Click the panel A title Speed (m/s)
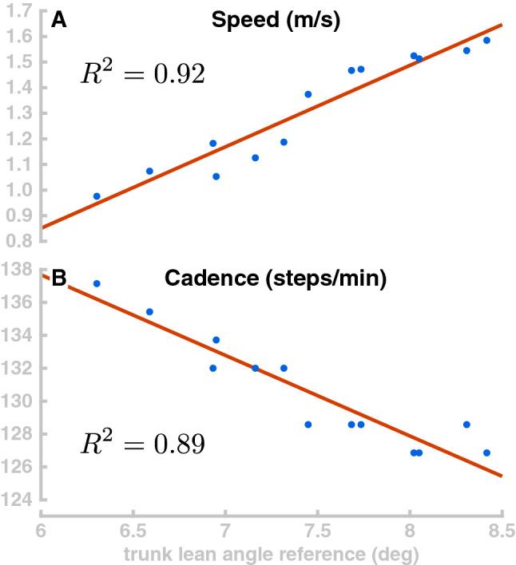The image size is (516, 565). click(276, 22)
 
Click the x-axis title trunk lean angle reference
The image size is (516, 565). click(271, 553)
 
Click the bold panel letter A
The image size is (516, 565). click(58, 22)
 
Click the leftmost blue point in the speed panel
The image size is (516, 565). click(97, 196)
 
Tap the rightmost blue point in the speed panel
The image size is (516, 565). click(486, 41)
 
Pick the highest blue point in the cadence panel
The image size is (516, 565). click(97, 283)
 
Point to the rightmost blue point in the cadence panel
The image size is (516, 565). click(486, 452)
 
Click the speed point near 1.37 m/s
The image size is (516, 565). click(308, 94)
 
